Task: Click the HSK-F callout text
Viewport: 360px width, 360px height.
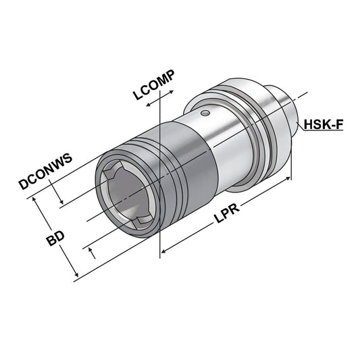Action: (324, 124)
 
